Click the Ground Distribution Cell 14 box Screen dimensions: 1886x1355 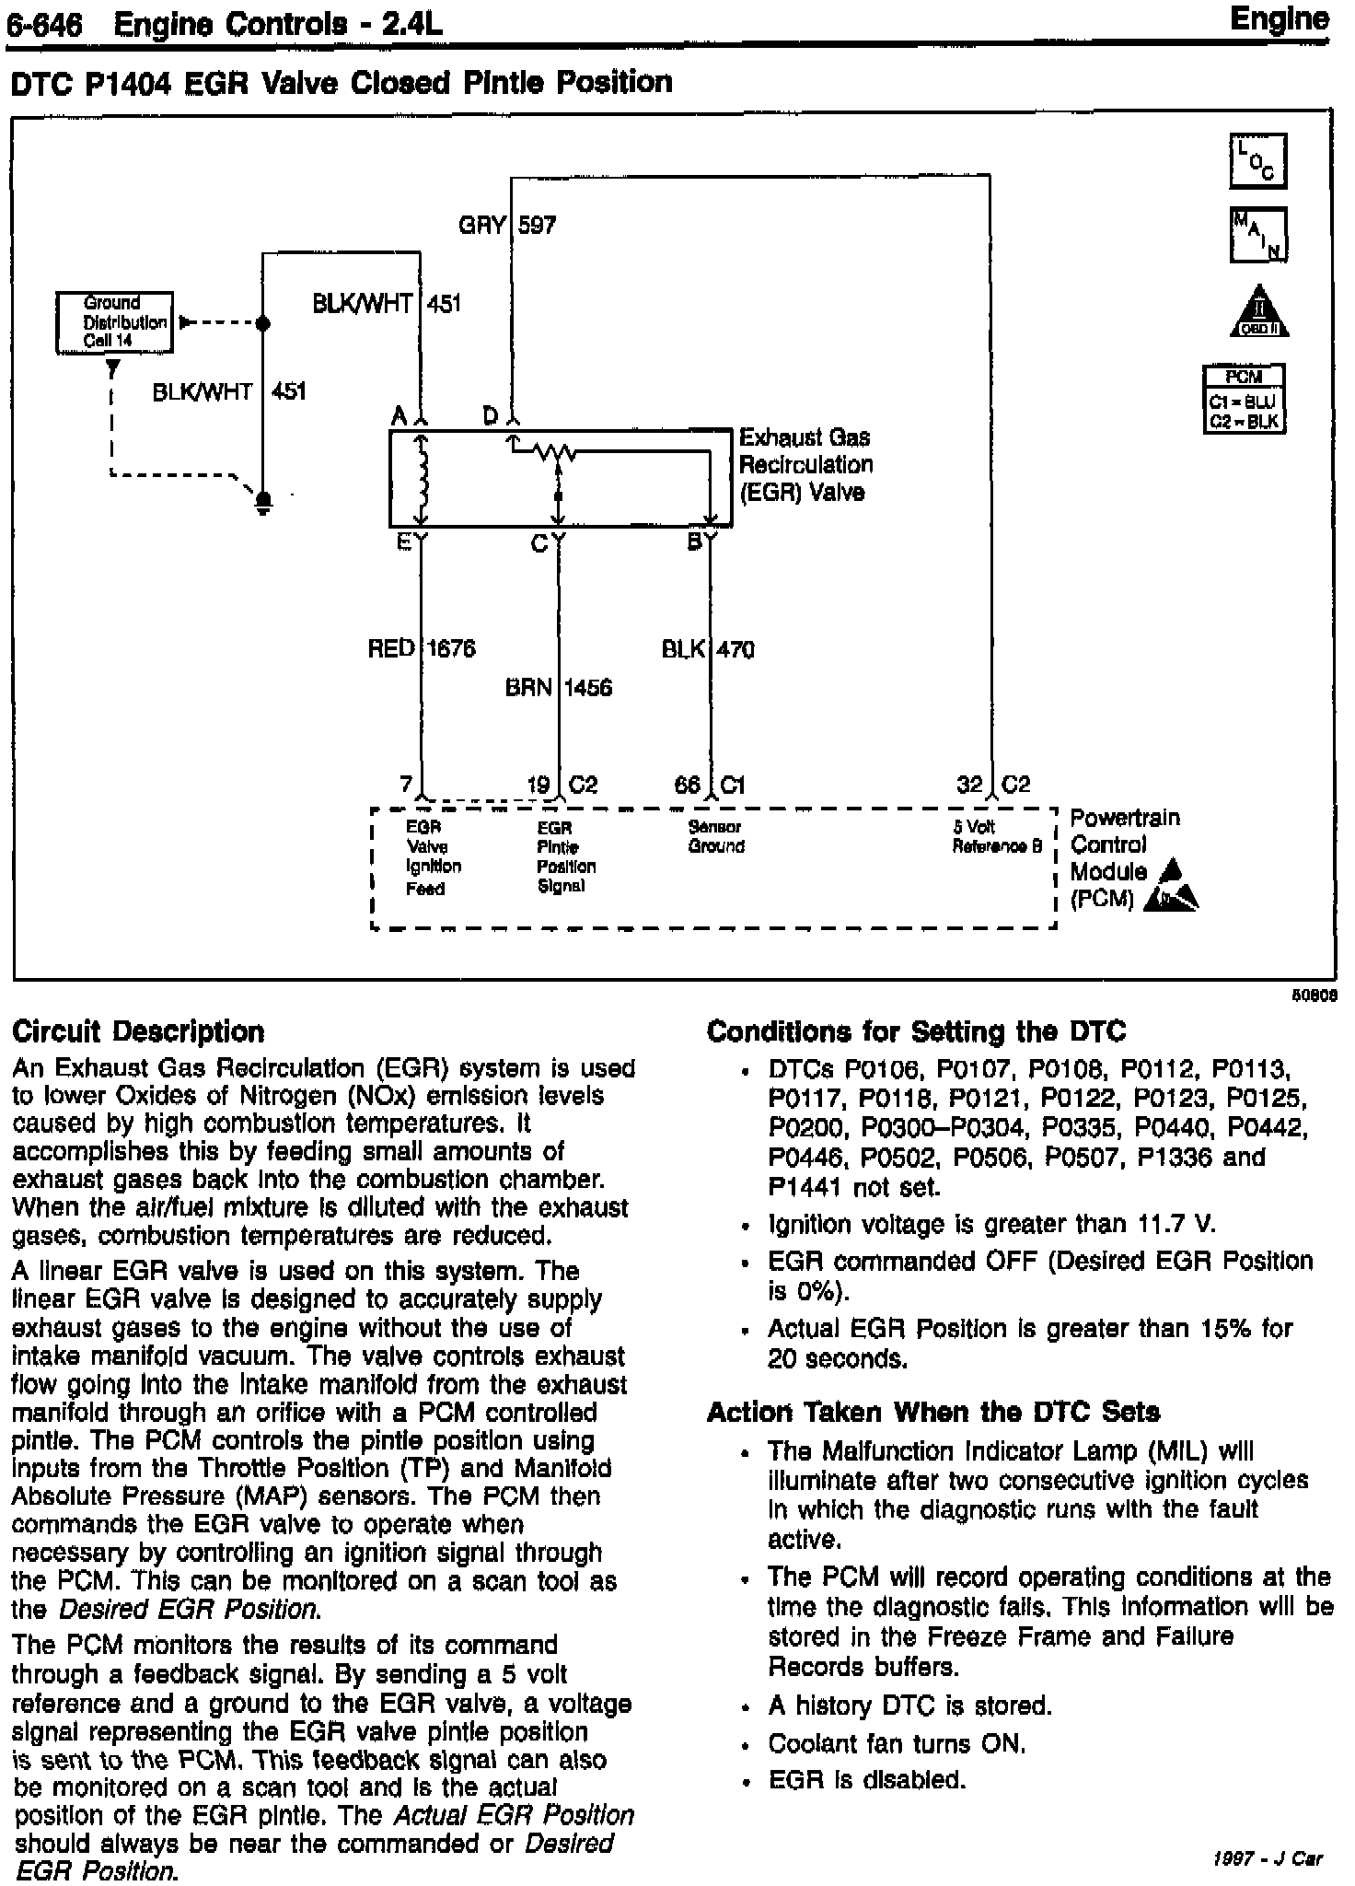(x=114, y=322)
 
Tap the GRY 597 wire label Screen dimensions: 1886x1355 (x=507, y=225)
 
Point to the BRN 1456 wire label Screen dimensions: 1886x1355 (x=558, y=688)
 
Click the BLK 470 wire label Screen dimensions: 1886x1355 (x=708, y=650)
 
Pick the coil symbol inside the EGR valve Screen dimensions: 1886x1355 (x=423, y=478)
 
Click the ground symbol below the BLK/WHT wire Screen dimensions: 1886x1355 (x=262, y=502)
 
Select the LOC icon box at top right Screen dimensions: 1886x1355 (x=1257, y=162)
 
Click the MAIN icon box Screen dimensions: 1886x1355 (x=1257, y=234)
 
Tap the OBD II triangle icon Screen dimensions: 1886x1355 (x=1259, y=311)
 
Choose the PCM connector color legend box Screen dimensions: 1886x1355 (x=1244, y=399)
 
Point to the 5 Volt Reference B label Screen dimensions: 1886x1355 (x=997, y=837)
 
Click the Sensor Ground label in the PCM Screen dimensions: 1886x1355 (x=715, y=837)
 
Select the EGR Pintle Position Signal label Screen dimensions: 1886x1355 (x=565, y=857)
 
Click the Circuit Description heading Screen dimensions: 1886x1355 (x=138, y=1031)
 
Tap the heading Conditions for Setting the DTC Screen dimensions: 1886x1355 (x=916, y=1031)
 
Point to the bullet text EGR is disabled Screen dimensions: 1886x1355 (x=866, y=1780)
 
